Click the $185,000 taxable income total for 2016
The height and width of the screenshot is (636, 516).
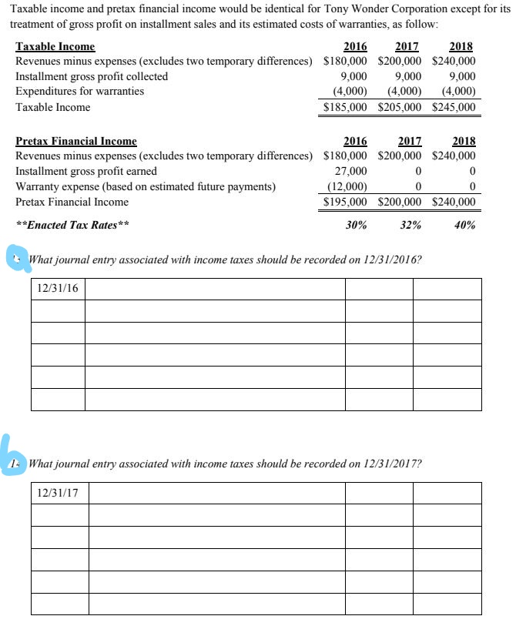[346, 108]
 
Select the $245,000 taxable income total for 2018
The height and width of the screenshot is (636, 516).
[454, 108]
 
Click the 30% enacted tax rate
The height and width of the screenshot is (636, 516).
[355, 226]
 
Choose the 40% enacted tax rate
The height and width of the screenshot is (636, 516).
[464, 226]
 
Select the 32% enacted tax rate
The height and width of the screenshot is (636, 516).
[411, 226]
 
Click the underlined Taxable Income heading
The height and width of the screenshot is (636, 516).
[55, 47]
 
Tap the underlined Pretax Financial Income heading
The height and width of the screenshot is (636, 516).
[76, 142]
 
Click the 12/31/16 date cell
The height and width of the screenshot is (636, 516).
[58, 289]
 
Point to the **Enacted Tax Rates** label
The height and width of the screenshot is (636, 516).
[72, 226]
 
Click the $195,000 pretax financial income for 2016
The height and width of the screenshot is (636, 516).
[346, 203]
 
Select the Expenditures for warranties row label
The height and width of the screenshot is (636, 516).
[79, 92]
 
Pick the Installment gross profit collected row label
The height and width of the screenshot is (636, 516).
[92, 77]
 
